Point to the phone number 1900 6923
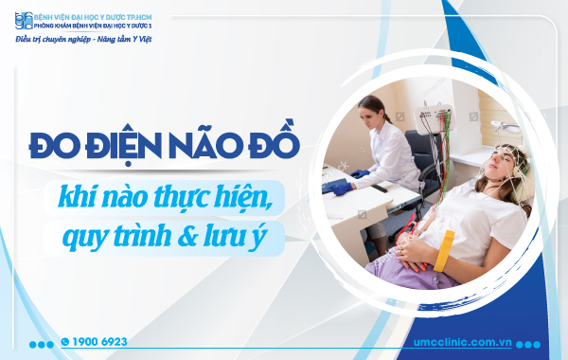coord(100,341)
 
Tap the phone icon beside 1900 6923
coord(64,341)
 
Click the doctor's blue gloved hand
coord(359,173)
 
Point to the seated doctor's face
coord(373,113)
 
